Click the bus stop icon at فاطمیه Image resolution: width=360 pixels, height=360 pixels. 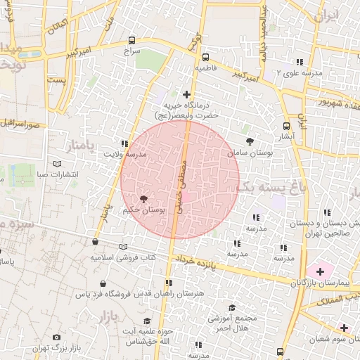[205, 57]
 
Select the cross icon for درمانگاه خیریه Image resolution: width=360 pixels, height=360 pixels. [186, 94]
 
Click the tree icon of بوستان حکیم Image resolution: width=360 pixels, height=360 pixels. [144, 199]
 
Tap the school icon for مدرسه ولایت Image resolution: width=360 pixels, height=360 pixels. [125, 143]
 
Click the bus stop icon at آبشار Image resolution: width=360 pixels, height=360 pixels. [286, 126]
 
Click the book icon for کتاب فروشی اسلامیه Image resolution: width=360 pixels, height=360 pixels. [124, 246]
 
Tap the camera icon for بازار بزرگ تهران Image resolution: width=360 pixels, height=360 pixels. [57, 337]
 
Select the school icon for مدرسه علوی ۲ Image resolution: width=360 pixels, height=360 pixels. [300, 61]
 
